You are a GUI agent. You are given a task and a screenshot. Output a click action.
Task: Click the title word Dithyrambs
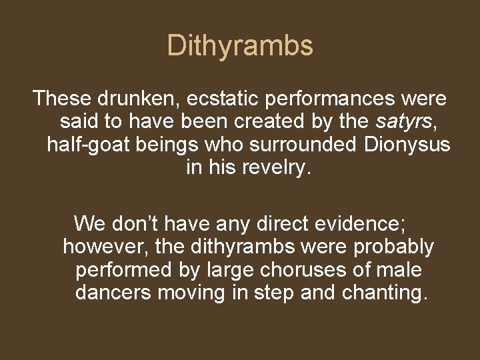(x=240, y=46)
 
